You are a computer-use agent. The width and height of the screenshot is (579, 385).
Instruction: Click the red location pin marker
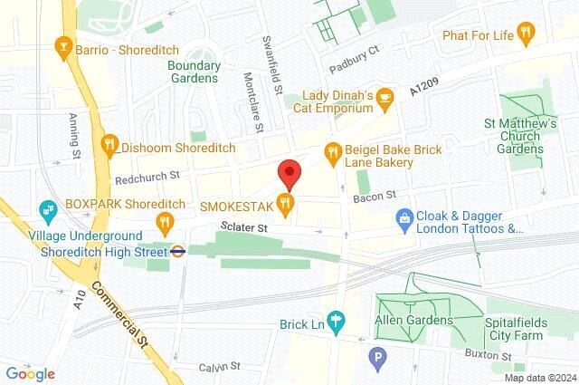pos(289,172)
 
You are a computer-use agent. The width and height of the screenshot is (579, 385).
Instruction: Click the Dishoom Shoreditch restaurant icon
pos(109,143)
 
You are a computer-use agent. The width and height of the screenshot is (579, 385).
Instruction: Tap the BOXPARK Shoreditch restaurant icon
pos(165,221)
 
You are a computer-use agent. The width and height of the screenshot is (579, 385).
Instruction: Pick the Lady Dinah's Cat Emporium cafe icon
pos(385,96)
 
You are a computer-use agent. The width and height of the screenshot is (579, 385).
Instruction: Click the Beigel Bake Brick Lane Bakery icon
pos(333,150)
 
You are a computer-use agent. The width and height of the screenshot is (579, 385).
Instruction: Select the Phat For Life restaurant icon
pos(530,34)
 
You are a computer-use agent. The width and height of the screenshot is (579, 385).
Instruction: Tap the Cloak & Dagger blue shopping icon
pos(403,217)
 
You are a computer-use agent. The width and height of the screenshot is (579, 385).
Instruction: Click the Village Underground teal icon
pos(46,212)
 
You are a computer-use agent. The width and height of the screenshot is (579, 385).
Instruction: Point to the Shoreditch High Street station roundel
pos(179,251)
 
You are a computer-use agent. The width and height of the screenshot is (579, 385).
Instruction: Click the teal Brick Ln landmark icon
pos(337,321)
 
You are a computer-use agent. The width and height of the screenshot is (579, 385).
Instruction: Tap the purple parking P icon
pos(377,360)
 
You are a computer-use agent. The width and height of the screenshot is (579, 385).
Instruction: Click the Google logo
pos(30,373)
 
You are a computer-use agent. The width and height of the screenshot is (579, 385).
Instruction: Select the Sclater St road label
pos(249,228)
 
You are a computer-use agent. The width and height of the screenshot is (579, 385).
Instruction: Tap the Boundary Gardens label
pos(194,72)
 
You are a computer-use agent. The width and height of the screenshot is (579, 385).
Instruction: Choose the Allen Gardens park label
pos(414,321)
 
